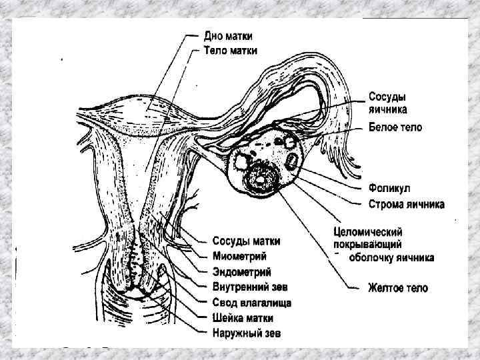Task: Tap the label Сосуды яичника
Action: click(389, 103)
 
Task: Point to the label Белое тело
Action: click(395, 127)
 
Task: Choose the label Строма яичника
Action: click(407, 204)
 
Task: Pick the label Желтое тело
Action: click(398, 289)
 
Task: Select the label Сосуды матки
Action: click(246, 241)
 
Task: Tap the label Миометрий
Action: click(240, 256)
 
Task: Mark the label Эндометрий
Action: click(242, 271)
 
